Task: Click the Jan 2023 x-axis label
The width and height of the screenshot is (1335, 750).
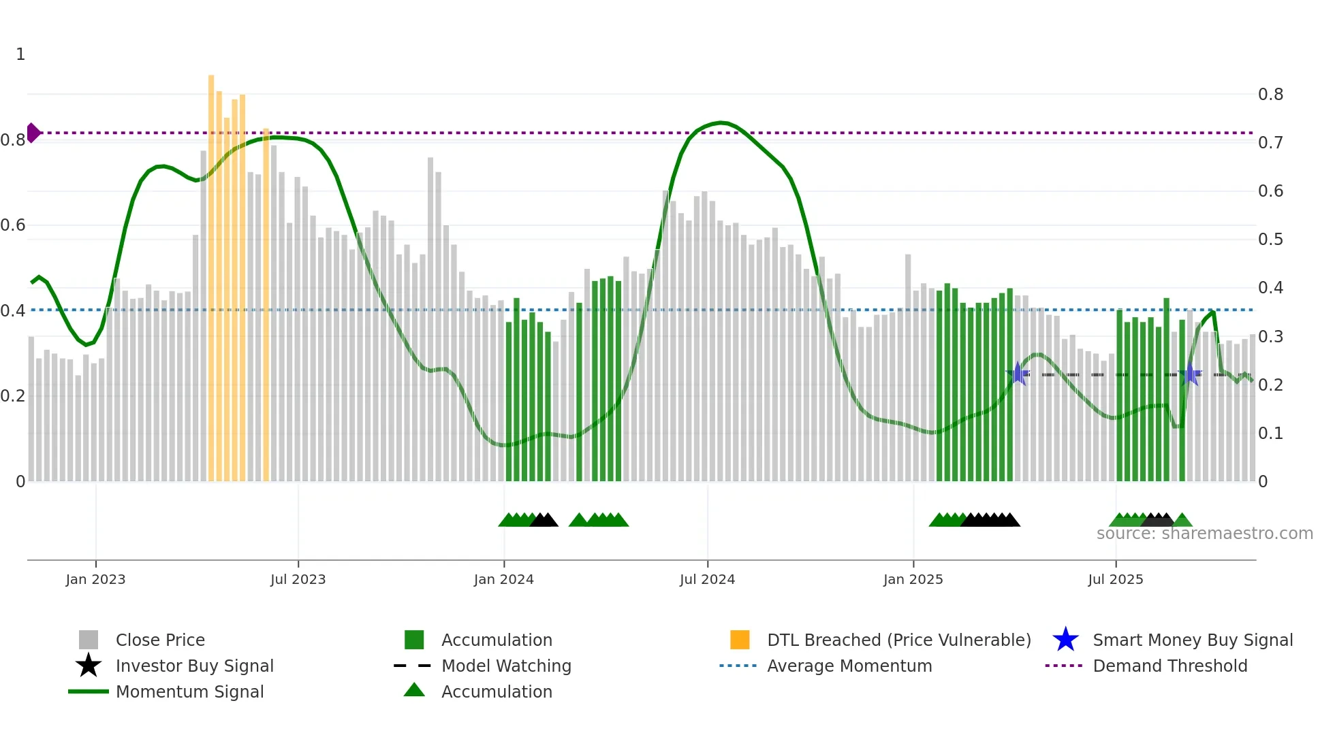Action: point(95,579)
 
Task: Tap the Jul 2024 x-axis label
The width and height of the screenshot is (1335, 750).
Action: point(707,579)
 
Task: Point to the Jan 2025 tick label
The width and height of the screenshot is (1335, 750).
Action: point(913,579)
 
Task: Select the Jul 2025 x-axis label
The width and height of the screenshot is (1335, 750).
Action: point(1115,579)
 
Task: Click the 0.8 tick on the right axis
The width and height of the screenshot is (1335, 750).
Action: point(1270,95)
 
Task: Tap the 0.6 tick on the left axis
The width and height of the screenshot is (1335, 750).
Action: point(13,225)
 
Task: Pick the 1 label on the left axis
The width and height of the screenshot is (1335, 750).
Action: point(20,54)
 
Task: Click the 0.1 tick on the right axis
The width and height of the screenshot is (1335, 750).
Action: point(1270,434)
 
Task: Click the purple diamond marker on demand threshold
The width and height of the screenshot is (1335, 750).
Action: point(33,133)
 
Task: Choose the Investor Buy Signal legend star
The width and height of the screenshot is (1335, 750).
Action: point(89,666)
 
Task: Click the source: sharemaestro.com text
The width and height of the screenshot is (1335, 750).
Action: point(1204,534)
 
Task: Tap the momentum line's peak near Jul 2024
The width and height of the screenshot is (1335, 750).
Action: point(721,123)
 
